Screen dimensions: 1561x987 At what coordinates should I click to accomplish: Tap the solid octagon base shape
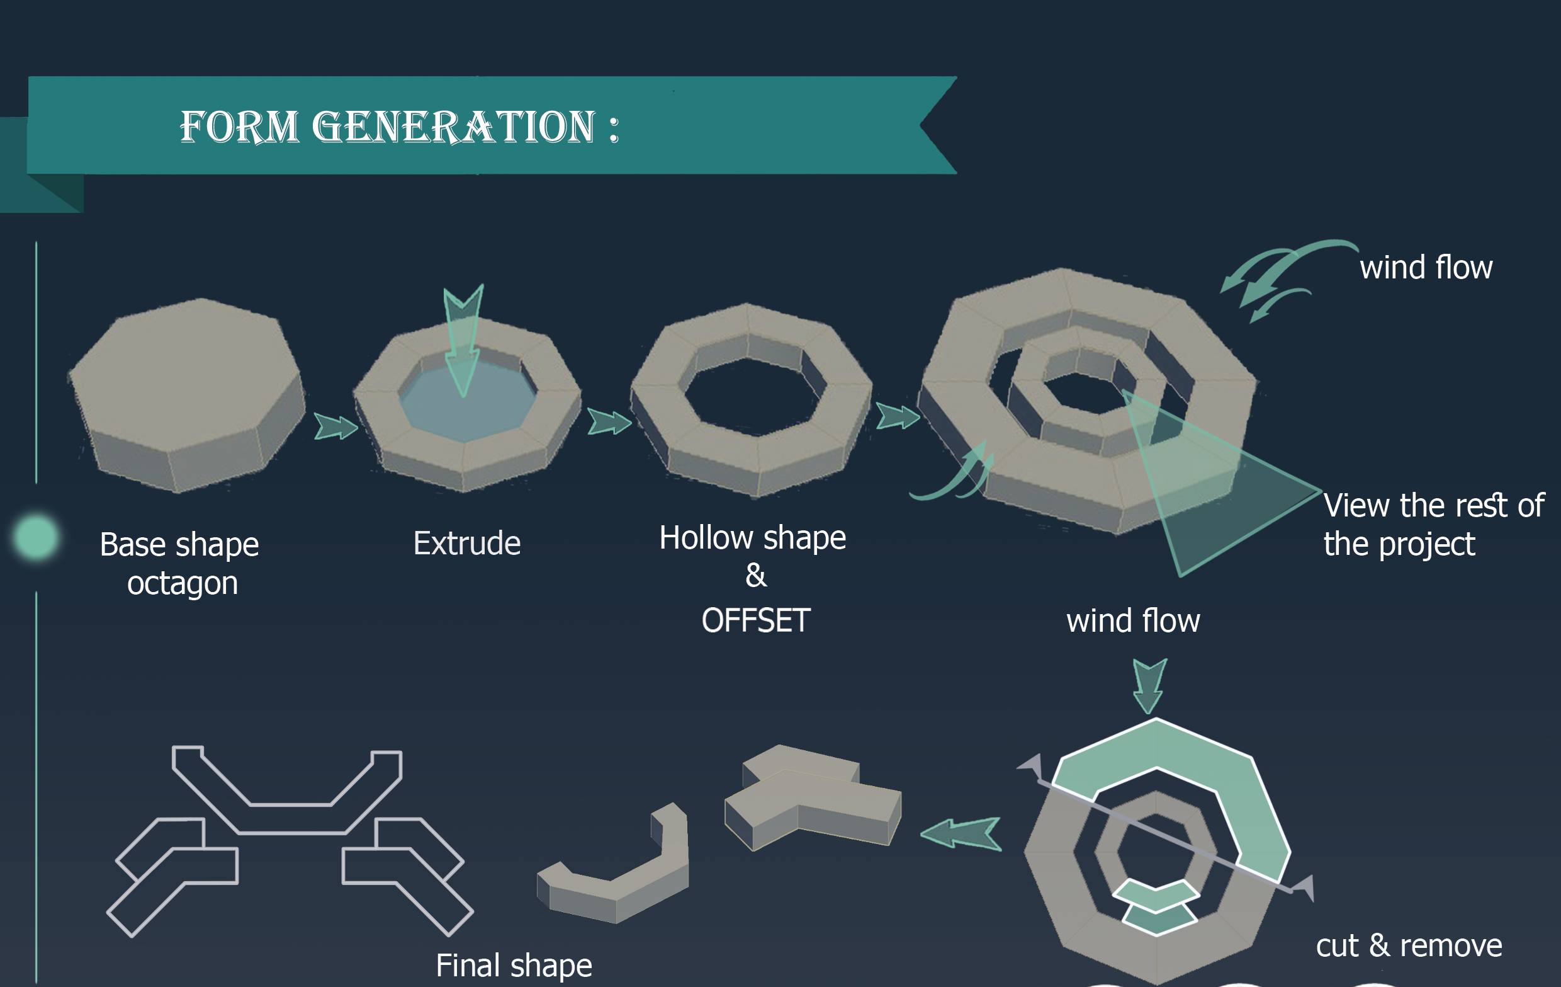point(187,394)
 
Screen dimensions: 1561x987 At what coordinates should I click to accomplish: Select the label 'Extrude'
point(467,543)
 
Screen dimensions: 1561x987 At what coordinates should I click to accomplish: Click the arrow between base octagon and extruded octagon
point(335,426)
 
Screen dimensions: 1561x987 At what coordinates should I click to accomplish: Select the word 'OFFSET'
point(756,620)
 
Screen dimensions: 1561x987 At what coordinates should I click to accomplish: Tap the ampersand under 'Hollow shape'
point(756,575)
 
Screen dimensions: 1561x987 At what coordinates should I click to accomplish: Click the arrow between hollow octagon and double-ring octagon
point(898,416)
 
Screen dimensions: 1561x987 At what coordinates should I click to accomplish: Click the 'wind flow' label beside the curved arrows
point(1426,267)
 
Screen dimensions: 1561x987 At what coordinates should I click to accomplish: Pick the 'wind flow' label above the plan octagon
point(1133,620)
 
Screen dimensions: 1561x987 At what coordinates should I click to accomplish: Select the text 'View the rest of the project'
point(1434,524)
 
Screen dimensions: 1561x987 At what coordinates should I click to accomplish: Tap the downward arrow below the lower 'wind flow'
point(1149,685)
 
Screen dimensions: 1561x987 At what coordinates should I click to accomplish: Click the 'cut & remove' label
point(1409,945)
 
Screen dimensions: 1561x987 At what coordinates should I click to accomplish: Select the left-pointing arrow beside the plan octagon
point(961,833)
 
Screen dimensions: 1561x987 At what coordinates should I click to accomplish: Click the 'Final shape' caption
point(514,966)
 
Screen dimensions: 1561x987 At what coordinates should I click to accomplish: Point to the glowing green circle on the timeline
point(37,537)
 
